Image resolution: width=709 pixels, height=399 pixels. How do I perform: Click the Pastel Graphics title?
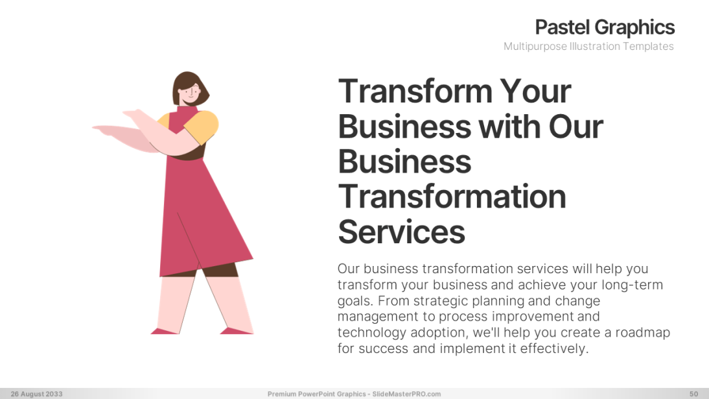point(605,27)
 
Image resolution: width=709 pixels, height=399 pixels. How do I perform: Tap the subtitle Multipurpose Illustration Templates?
point(588,47)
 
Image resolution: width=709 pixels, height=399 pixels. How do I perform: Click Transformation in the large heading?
point(452,196)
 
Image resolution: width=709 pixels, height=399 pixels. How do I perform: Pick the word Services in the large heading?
point(401,231)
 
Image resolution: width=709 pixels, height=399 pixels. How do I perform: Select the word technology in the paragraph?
point(372,333)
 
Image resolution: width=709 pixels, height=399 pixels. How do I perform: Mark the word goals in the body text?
point(354,301)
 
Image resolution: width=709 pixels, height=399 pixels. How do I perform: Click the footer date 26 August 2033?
point(36,394)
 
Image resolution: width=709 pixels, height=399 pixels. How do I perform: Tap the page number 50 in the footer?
point(693,394)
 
